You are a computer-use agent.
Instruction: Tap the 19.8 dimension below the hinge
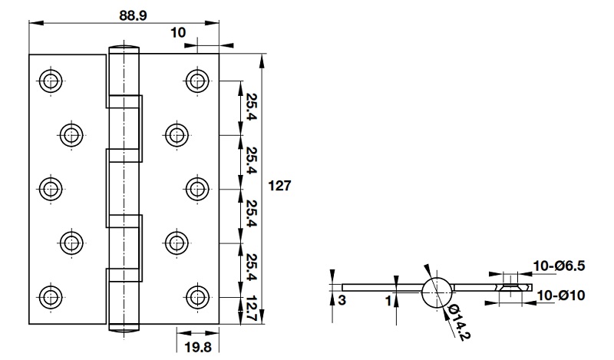[x=198, y=348]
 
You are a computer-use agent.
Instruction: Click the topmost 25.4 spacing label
[x=251, y=107]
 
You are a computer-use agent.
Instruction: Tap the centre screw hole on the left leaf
[x=51, y=188]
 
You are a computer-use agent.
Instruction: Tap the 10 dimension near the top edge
[x=178, y=32]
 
